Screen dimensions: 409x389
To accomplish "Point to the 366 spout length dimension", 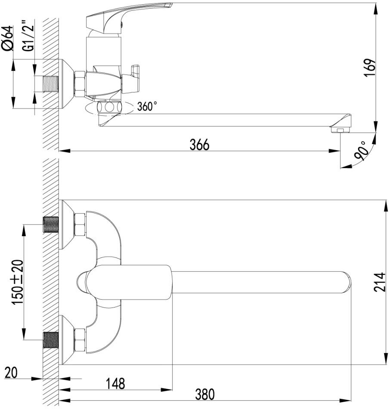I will click(199, 145).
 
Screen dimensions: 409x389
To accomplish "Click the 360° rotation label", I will click(147, 106).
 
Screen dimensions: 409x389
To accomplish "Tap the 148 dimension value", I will click(115, 383).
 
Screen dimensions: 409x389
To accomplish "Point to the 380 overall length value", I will click(204, 394).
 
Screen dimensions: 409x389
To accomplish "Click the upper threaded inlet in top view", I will click(51, 224).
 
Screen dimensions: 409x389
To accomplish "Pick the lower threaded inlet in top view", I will click(51, 340).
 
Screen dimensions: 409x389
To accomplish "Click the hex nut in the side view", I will click(80, 83).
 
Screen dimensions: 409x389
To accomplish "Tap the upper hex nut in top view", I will click(80, 224).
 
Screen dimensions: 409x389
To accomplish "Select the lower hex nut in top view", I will click(80, 340).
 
